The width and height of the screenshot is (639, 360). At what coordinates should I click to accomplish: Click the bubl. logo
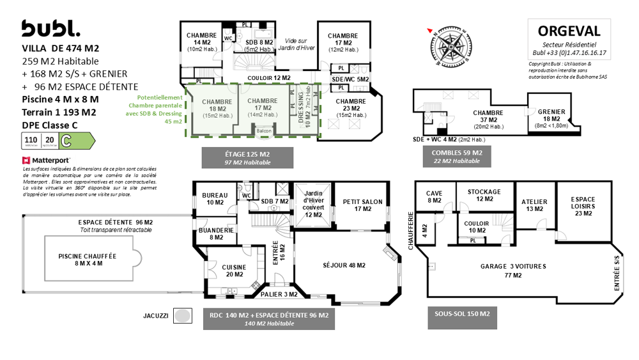pos(51,29)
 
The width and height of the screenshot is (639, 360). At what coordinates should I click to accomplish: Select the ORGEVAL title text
pos(569,31)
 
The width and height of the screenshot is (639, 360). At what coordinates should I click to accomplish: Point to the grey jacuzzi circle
pos(183,315)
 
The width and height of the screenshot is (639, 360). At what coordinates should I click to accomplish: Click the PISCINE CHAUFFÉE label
pos(87,259)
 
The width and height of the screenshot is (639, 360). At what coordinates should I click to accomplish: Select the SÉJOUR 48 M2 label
pos(344,265)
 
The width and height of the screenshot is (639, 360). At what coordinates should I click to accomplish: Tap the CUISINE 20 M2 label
pos(234,270)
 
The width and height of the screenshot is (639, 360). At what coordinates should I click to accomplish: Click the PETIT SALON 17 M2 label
pos(362,205)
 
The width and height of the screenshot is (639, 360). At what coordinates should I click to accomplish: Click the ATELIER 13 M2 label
pos(534,205)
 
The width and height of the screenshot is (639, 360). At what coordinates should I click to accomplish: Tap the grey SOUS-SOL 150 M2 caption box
pos(462,317)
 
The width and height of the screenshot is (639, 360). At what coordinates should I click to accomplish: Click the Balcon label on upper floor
pos(264,130)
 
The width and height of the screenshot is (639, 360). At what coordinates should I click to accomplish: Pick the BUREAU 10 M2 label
pos(215,199)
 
